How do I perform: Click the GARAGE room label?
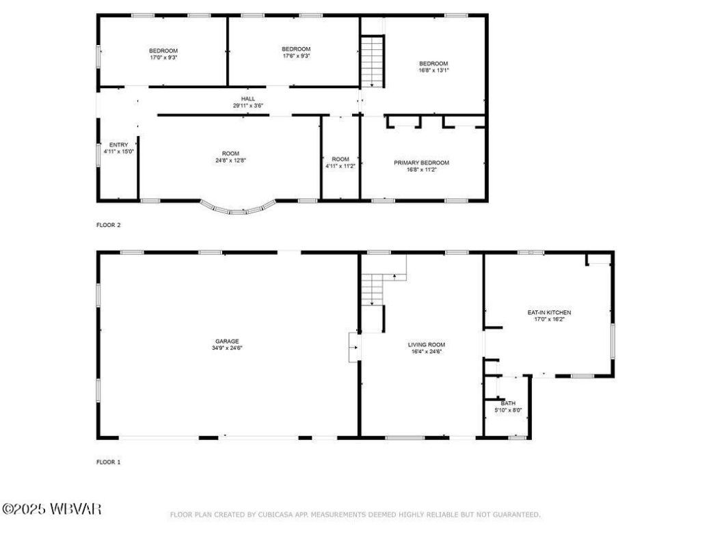pos(227,341)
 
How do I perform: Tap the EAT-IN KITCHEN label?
pos(548,312)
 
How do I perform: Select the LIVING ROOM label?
pos(427,344)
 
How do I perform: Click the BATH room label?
pos(508,403)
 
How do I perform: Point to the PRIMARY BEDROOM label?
pos(421,163)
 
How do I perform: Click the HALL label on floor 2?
pos(248,98)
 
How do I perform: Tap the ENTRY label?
pos(118,145)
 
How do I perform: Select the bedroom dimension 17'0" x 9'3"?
pos(164,57)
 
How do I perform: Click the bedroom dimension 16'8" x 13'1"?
pos(433,70)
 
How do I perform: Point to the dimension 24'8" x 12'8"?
pos(230,161)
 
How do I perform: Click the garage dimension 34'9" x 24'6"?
pos(227,348)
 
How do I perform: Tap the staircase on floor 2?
pos(372,61)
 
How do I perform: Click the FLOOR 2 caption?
pos(108,224)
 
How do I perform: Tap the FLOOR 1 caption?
pos(108,462)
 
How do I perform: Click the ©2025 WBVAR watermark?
pos(52,509)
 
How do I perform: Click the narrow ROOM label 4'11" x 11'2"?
pos(340,162)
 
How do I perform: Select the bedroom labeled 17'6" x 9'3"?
pos(296,53)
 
